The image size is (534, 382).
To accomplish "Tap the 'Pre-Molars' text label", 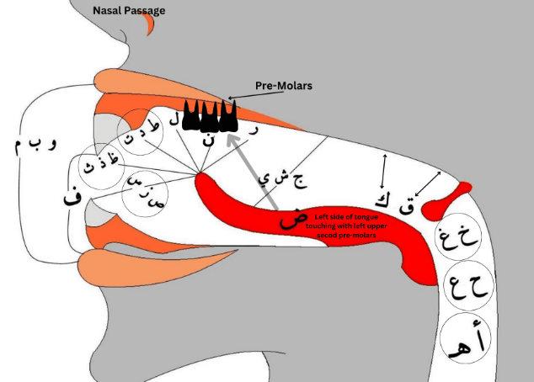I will [283, 86].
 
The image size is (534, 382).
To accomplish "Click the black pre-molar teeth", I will [207, 115].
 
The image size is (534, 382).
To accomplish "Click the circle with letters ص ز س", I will [145, 189].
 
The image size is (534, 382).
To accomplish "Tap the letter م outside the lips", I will [19, 146].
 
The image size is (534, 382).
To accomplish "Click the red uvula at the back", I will [441, 200].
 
